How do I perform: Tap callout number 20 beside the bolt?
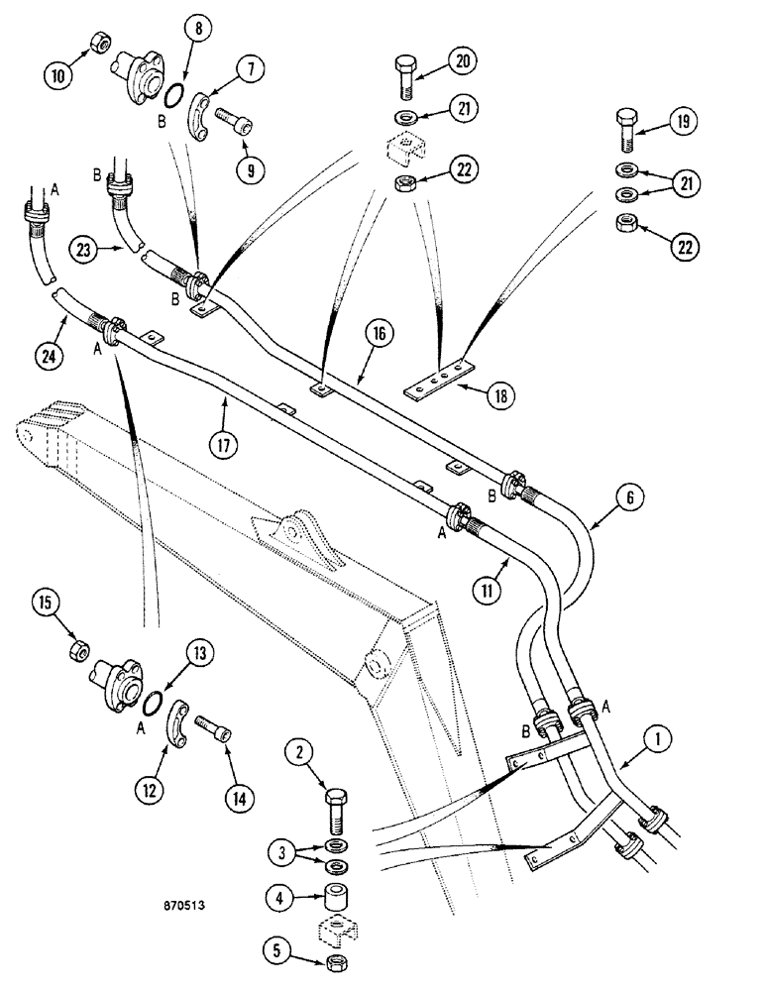point(462,61)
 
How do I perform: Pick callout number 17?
point(225,445)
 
